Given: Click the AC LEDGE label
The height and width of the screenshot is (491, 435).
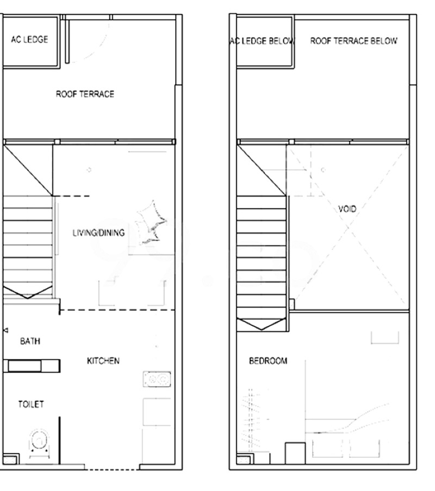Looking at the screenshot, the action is pyautogui.click(x=29, y=40).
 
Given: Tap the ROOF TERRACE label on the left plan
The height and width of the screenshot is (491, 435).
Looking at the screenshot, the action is pyautogui.click(x=85, y=94).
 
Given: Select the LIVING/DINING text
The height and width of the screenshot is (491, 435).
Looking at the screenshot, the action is pyautogui.click(x=98, y=232).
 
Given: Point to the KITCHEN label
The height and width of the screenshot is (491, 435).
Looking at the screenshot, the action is pyautogui.click(x=103, y=361).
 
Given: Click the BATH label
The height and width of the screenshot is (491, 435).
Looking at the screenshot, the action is pyautogui.click(x=30, y=341).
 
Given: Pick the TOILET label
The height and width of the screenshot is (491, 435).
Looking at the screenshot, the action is pyautogui.click(x=30, y=404).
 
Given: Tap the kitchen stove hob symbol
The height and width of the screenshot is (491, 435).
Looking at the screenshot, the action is pyautogui.click(x=157, y=379).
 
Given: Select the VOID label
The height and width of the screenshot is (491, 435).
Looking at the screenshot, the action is pyautogui.click(x=347, y=209).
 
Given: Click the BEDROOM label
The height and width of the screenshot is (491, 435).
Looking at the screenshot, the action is pyautogui.click(x=268, y=361).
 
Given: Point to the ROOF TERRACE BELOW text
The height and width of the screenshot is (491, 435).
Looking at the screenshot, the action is pyautogui.click(x=353, y=41).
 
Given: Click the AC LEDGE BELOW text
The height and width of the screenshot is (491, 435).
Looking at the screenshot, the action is pyautogui.click(x=262, y=41).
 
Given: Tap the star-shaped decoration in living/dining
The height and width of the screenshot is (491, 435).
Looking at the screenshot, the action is pyautogui.click(x=151, y=222).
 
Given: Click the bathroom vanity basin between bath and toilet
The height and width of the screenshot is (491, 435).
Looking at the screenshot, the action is pyautogui.click(x=25, y=366).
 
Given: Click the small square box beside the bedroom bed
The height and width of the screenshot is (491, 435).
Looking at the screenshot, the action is pyautogui.click(x=295, y=453).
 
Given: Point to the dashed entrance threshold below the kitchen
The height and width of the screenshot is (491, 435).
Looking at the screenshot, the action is pyautogui.click(x=112, y=469).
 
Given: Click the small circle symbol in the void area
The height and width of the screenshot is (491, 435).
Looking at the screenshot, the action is pyautogui.click(x=323, y=169).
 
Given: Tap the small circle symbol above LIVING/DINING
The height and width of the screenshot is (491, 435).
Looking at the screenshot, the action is pyautogui.click(x=89, y=169).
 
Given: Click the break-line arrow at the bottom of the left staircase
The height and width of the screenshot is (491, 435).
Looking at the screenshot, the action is pyautogui.click(x=28, y=292).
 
